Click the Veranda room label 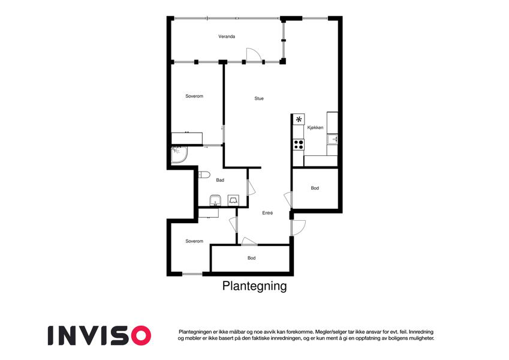click(x=227, y=37)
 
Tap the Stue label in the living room click(x=259, y=98)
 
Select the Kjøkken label click(x=315, y=128)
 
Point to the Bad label click(x=220, y=180)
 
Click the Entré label click(x=267, y=213)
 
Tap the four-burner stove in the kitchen click(x=299, y=144)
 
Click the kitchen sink click(x=332, y=140)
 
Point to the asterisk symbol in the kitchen click(x=299, y=119)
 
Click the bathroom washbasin click(x=215, y=200)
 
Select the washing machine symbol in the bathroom click(x=233, y=200)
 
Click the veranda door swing click(x=254, y=55)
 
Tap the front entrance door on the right click(x=299, y=227)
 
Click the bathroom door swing click(x=251, y=187)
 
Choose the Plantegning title click(x=254, y=286)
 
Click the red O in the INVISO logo click(x=140, y=335)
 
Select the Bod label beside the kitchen click(x=315, y=188)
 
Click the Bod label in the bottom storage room click(x=252, y=258)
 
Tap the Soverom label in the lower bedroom click(x=194, y=241)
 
